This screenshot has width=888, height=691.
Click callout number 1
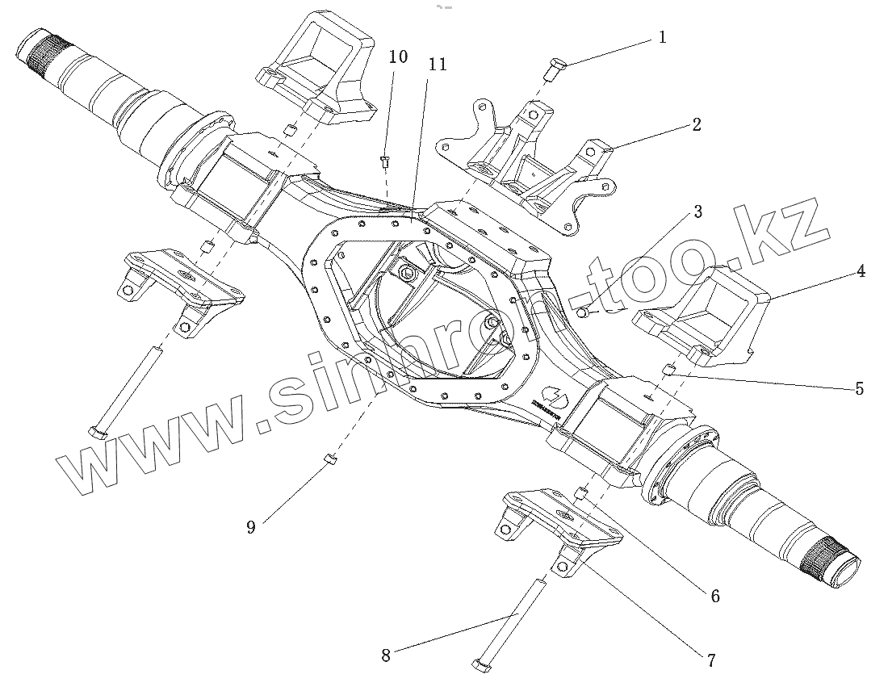click(x=662, y=37)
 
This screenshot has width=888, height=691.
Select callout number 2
click(x=696, y=124)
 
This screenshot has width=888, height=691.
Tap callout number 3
click(x=697, y=212)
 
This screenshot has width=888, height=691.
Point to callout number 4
click(x=861, y=271)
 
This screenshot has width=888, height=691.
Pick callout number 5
click(x=859, y=389)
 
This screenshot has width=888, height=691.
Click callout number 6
click(x=715, y=597)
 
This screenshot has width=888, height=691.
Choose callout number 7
click(x=710, y=660)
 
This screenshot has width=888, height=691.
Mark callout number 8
click(x=386, y=655)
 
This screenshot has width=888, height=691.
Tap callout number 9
click(x=251, y=527)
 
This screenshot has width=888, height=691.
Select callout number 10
click(x=398, y=57)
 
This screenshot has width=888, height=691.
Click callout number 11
click(x=438, y=65)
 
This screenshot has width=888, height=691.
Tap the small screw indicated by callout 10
click(x=385, y=162)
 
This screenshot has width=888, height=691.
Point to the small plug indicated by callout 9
click(x=329, y=460)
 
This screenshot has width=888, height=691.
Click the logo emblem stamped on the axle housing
click(x=551, y=395)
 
